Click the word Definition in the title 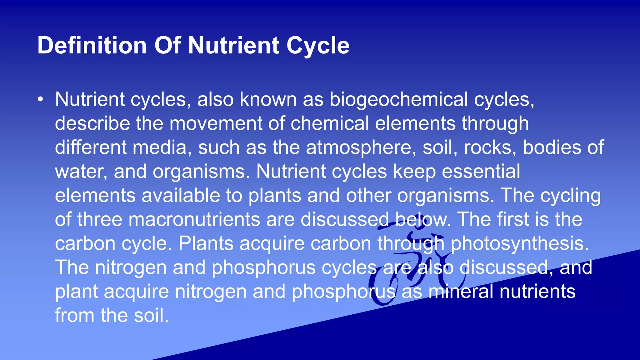(92, 46)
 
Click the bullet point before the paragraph (40, 99)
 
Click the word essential (481, 172)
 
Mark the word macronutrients (194, 219)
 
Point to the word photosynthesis (519, 243)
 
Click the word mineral (461, 292)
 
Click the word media (159, 147)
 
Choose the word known (268, 99)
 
